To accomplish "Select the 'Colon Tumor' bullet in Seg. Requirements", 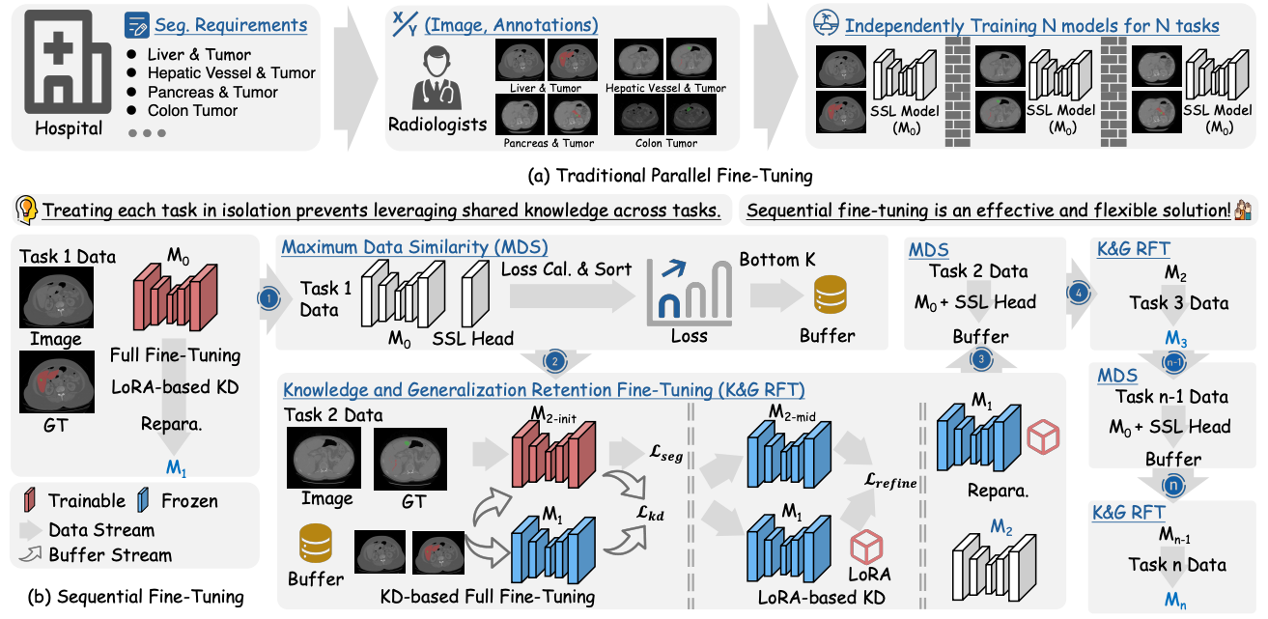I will click(x=192, y=110).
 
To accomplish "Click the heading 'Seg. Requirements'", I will click(x=229, y=25).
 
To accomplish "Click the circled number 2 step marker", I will click(x=555, y=361).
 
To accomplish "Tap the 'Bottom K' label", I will click(x=772, y=261).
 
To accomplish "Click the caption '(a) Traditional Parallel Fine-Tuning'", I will click(x=633, y=176).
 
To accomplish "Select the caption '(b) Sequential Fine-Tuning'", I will click(x=126, y=596).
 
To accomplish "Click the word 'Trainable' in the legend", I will click(x=87, y=500).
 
